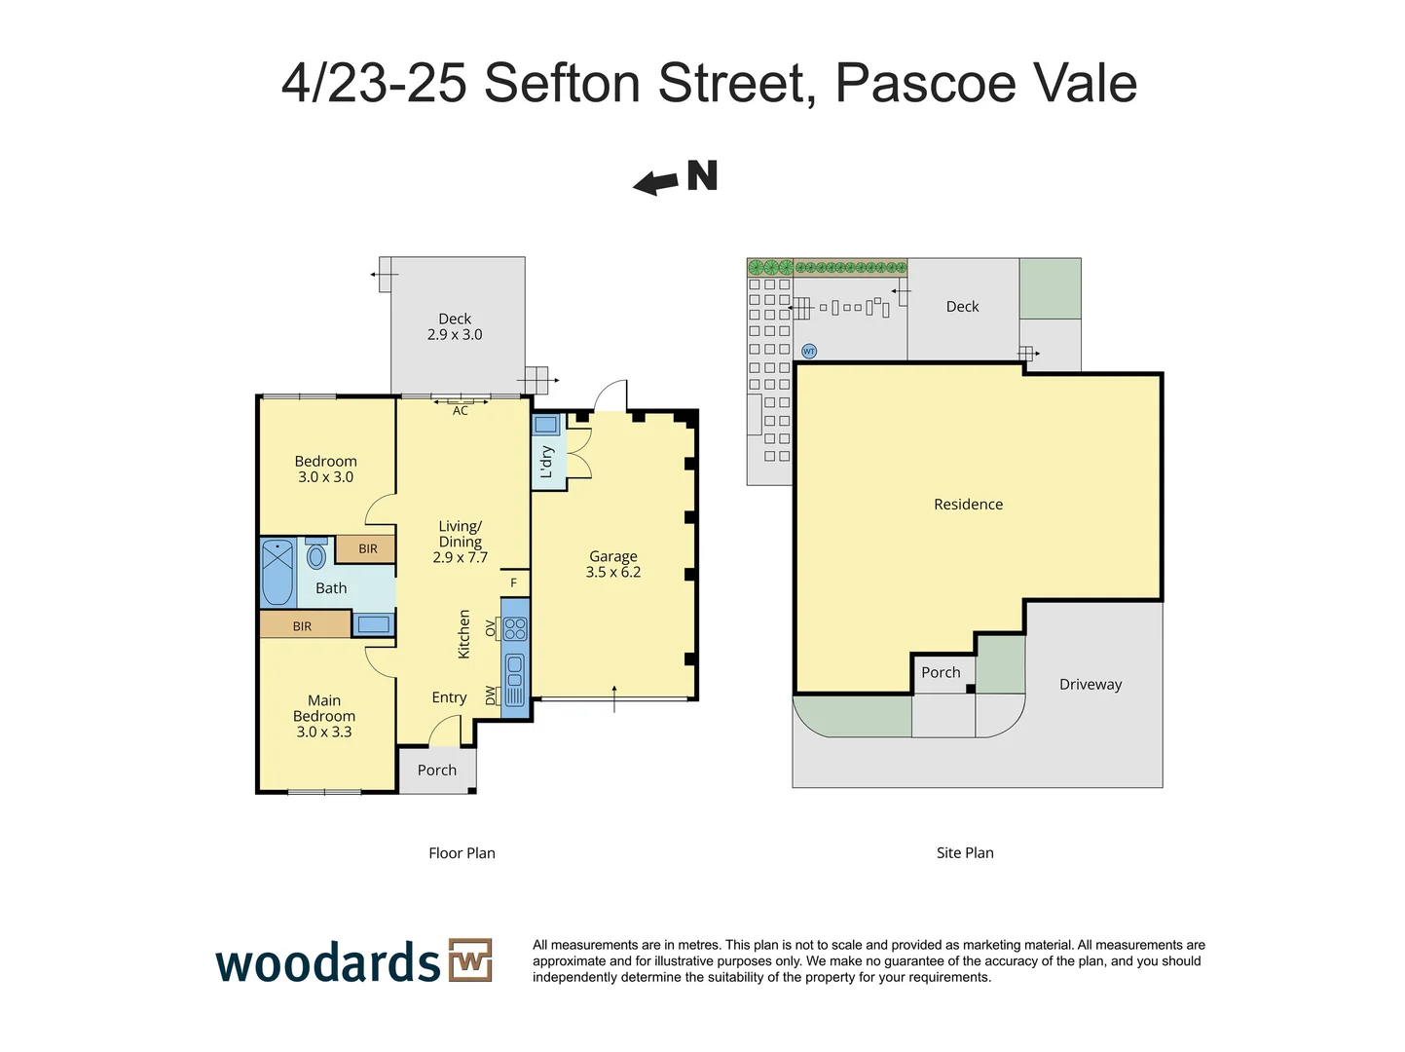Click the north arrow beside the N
(655, 182)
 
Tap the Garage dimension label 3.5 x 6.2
(612, 573)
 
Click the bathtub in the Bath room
(277, 572)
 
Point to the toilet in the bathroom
(316, 556)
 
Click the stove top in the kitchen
(515, 629)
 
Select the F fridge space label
(514, 583)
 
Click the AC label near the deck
(461, 411)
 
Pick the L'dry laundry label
(546, 462)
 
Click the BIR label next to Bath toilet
(367, 549)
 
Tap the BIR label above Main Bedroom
(302, 626)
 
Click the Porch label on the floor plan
(437, 770)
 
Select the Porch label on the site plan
(941, 672)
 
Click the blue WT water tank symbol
(808, 351)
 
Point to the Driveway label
(1091, 685)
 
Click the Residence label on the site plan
(968, 505)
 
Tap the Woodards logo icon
(470, 960)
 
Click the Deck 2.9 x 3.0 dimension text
(455, 334)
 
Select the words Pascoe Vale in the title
(985, 83)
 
